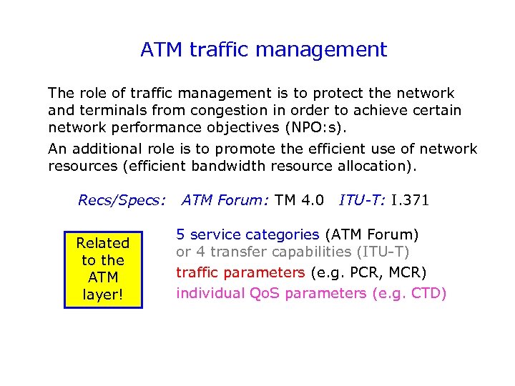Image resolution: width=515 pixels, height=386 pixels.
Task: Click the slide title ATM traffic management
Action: [263, 49]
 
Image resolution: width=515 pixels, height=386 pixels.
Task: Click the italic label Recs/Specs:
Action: [122, 201]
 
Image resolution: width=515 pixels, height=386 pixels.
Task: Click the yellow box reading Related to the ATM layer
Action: [103, 269]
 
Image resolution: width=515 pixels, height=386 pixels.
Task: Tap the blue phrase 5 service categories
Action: [247, 234]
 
